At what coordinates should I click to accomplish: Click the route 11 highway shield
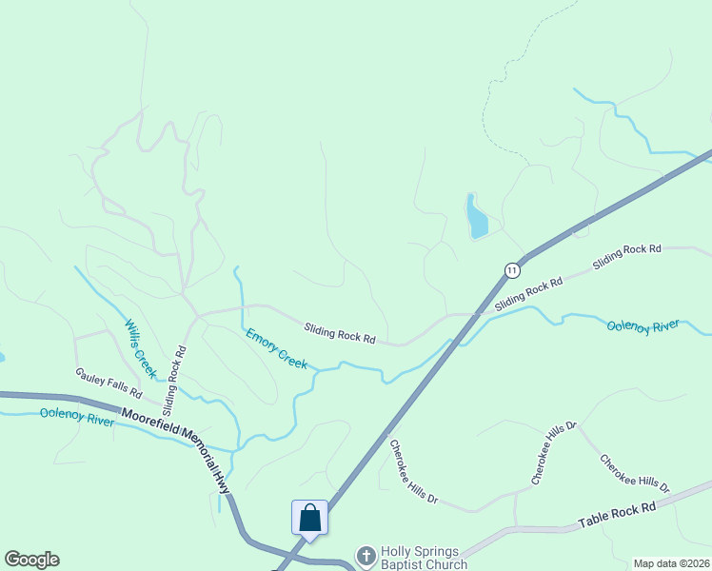(512, 269)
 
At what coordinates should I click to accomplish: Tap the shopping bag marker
(310, 519)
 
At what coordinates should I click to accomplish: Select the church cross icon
(366, 556)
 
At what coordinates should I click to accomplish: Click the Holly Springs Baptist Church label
(425, 558)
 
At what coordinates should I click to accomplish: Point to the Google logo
(31, 560)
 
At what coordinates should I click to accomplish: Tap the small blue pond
(476, 217)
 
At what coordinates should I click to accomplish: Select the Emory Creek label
(277, 348)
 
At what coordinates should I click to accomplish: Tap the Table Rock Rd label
(618, 518)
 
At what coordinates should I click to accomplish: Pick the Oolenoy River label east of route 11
(643, 326)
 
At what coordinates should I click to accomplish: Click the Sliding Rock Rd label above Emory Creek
(340, 333)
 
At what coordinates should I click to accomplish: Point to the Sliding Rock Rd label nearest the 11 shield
(528, 291)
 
